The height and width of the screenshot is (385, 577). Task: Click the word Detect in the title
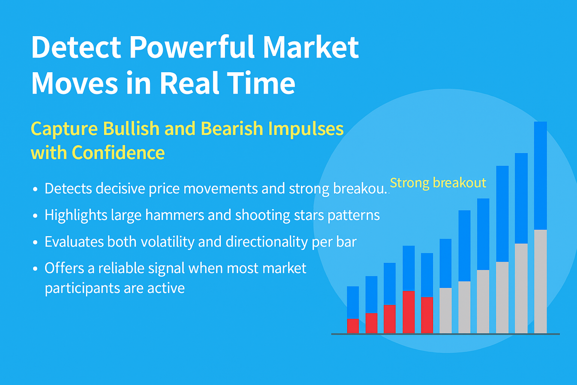tap(76, 47)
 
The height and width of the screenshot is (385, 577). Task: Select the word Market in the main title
tap(311, 47)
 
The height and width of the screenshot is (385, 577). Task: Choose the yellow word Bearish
tap(232, 129)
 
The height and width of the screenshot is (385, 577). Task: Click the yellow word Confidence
tap(118, 153)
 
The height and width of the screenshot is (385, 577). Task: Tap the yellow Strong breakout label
tap(438, 183)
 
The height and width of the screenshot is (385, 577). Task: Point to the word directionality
tap(267, 242)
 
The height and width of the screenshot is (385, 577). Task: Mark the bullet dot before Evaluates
tap(35, 243)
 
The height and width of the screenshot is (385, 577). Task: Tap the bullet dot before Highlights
tap(35, 215)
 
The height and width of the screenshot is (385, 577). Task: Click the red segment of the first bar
tap(353, 326)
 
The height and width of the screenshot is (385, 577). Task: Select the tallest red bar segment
tap(409, 312)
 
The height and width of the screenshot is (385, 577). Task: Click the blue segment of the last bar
tap(541, 176)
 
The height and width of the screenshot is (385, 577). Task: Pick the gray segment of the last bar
tap(541, 282)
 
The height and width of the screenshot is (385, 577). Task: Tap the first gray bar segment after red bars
tap(446, 311)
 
